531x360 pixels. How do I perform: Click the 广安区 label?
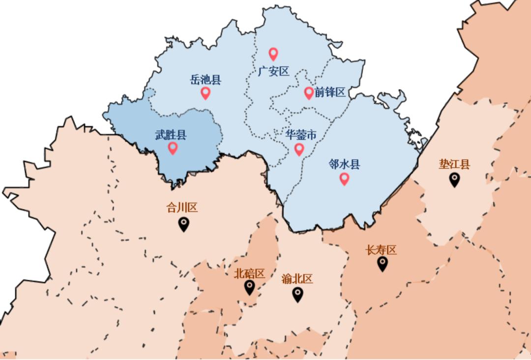(x=273, y=72)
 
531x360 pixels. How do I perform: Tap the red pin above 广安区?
(x=273, y=54)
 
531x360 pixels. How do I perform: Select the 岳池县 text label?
(x=206, y=80)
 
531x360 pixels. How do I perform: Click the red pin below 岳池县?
(x=206, y=92)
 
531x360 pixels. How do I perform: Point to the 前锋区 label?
(x=330, y=92)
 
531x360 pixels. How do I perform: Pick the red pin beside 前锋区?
(x=309, y=92)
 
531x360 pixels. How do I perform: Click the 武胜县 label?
(x=171, y=135)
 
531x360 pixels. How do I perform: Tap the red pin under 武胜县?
(x=173, y=148)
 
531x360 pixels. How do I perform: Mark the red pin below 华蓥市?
(x=299, y=149)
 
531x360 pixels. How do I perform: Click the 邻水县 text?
(x=344, y=164)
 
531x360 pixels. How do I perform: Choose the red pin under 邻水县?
(x=344, y=178)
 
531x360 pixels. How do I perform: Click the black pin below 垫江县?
(x=454, y=180)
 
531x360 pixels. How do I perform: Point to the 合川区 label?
(x=182, y=208)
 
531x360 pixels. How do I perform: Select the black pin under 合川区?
(x=183, y=224)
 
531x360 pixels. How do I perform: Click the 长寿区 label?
(x=381, y=250)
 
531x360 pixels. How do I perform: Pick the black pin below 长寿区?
(x=383, y=264)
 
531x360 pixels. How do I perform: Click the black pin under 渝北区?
(x=297, y=294)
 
